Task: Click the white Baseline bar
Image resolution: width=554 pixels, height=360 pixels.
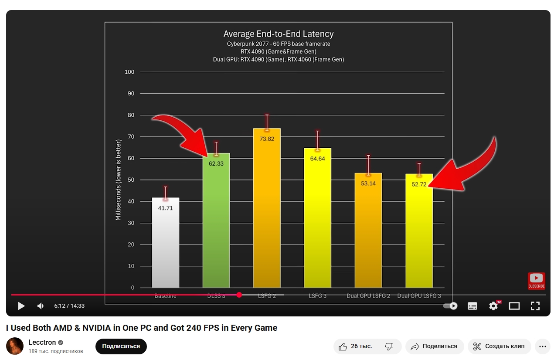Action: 166,244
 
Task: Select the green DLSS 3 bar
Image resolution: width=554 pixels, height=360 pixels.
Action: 216,227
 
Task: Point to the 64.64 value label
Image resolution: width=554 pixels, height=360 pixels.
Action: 317,159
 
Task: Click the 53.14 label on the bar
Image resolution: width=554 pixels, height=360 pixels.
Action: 368,183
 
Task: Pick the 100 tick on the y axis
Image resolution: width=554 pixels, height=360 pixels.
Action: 129,72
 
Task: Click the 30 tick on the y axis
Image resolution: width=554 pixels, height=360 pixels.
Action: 131,223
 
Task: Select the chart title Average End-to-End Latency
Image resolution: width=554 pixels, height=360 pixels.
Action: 279,34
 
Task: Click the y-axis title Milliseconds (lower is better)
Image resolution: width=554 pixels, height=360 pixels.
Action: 118,180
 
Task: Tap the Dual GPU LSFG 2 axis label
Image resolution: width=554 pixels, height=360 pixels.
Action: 368,296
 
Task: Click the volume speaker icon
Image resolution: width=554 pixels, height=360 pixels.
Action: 41,306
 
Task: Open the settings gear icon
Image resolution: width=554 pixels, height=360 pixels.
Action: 493,306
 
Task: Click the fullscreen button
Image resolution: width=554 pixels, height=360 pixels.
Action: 535,306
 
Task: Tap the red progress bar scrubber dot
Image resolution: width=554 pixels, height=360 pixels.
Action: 239,295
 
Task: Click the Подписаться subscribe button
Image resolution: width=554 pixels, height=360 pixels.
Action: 121,346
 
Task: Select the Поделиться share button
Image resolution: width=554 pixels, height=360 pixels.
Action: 434,346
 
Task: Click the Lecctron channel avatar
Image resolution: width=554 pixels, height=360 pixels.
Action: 15,346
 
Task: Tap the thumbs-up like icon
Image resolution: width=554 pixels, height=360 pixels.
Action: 343,346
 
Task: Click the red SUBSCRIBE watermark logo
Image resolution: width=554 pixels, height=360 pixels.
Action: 536,281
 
